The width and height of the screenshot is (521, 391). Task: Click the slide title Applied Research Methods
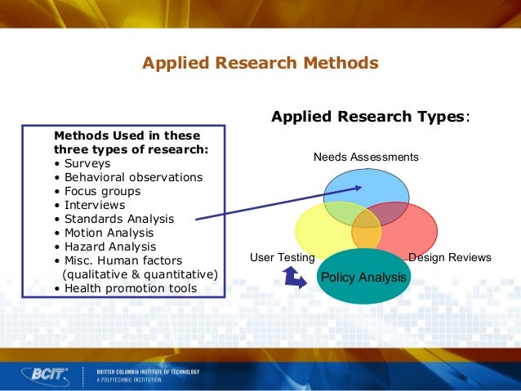[260, 63]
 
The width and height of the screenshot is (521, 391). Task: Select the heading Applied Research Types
[370, 117]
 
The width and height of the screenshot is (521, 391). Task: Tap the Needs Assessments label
[366, 157]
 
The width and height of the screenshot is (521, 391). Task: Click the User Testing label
[282, 257]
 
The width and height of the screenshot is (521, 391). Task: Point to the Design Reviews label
[450, 257]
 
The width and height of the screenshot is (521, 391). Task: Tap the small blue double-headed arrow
[294, 279]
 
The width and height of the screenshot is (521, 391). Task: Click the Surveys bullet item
[87, 163]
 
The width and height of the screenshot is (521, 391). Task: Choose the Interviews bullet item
[94, 205]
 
